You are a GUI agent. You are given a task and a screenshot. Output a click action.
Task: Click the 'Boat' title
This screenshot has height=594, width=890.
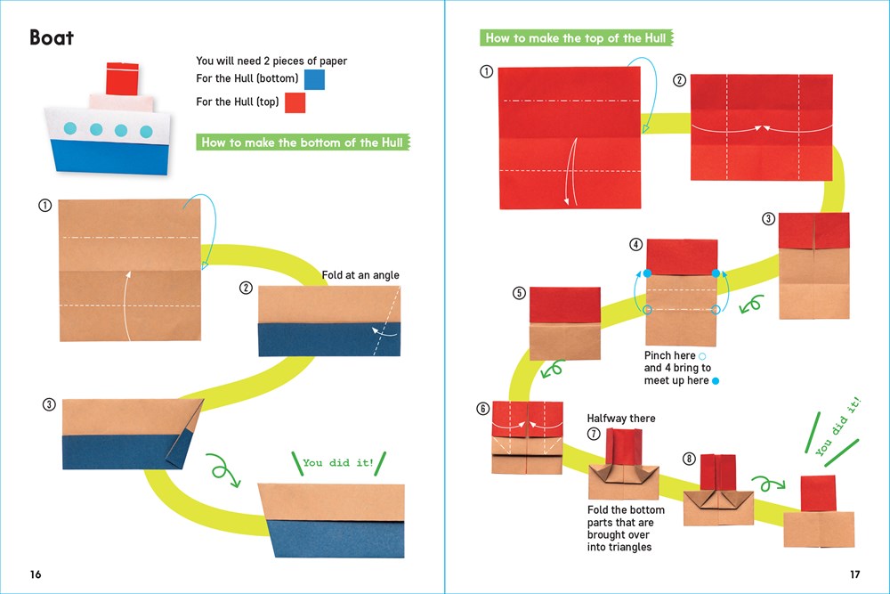tap(52, 37)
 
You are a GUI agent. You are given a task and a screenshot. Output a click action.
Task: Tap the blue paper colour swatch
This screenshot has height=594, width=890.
tap(314, 79)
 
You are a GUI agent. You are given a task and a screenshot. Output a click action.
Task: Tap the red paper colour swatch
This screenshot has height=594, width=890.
tap(295, 103)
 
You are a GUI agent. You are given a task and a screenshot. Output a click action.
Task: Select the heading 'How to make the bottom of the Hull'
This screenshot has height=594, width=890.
tap(302, 142)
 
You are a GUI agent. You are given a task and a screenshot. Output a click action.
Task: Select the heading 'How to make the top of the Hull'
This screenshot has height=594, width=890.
tap(574, 38)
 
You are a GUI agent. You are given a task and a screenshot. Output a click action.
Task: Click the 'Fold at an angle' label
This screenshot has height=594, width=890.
tap(360, 276)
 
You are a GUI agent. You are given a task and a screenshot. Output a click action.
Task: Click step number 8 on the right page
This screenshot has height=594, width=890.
tap(689, 459)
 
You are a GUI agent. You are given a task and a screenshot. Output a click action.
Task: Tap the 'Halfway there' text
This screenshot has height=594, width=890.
tap(620, 418)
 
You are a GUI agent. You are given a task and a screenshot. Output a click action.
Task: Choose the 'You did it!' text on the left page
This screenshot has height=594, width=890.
tap(337, 463)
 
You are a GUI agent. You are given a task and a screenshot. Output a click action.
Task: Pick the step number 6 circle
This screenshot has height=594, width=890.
tap(483, 409)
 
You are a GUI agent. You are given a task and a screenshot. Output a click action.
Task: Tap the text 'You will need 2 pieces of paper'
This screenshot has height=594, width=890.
tap(271, 61)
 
